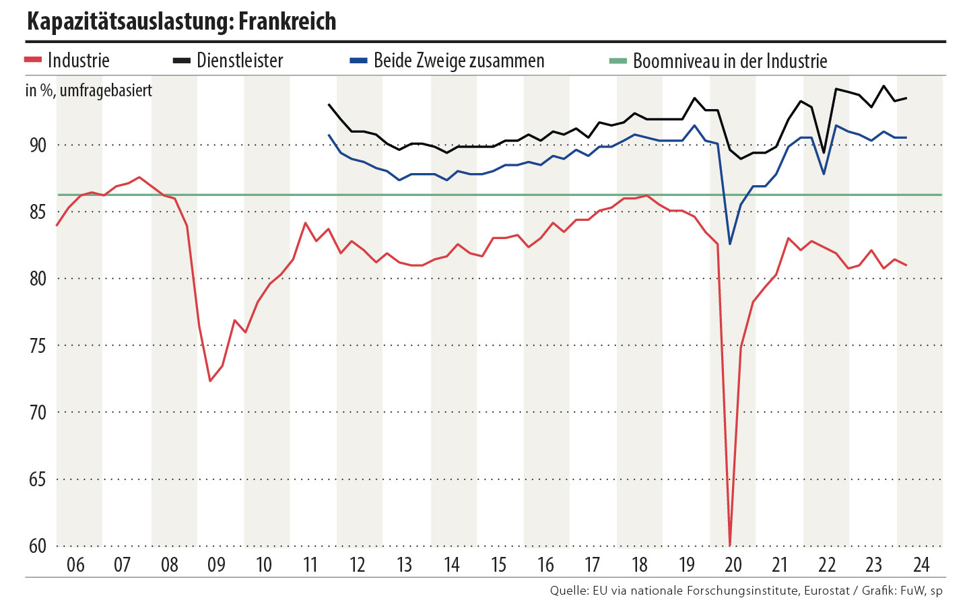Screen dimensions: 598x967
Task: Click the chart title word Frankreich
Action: pyautogui.click(x=287, y=22)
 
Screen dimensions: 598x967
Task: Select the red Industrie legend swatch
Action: pyautogui.click(x=34, y=61)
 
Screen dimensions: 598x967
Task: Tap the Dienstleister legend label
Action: pyautogui.click(x=240, y=61)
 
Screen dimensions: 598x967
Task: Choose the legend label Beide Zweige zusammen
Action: pyautogui.click(x=459, y=61)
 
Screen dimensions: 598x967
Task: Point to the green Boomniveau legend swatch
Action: pyautogui.click(x=618, y=61)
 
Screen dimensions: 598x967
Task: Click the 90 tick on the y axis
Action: pyautogui.click(x=38, y=145)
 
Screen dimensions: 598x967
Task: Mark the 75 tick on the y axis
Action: pyautogui.click(x=38, y=346)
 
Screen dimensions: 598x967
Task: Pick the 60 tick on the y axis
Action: pyautogui.click(x=38, y=546)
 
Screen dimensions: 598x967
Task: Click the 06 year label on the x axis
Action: pyautogui.click(x=75, y=564)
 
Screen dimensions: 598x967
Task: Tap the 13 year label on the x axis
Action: pyautogui.click(x=404, y=564)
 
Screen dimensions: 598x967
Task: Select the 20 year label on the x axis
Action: pyautogui.click(x=733, y=564)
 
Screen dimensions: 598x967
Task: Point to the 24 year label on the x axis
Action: pyautogui.click(x=921, y=564)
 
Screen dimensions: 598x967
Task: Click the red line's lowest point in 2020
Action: pyautogui.click(x=730, y=545)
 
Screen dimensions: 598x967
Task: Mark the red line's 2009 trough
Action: pyautogui.click(x=210, y=381)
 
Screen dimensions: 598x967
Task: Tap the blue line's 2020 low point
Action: pyautogui.click(x=730, y=244)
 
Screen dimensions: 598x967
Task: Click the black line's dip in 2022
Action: pyautogui.click(x=824, y=153)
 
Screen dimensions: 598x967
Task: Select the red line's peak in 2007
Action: pyautogui.click(x=139, y=177)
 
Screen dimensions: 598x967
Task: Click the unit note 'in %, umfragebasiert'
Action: pyautogui.click(x=89, y=90)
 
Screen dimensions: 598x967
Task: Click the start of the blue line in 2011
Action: pyautogui.click(x=329, y=135)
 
